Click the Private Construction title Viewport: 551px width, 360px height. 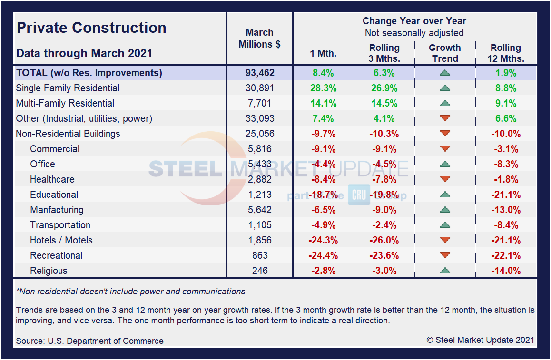91,28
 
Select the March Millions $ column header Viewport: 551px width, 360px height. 259,38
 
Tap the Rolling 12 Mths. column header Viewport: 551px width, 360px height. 506,53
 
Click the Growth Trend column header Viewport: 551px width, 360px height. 444,53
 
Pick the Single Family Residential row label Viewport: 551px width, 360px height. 68,88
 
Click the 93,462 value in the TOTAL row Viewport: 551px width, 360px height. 259,73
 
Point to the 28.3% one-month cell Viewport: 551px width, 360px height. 323,88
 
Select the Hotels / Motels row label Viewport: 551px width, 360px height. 61,240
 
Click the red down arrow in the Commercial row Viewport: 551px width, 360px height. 445,149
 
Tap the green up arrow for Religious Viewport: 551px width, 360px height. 445,271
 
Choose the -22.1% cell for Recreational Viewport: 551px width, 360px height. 506,255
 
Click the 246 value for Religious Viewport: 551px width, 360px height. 259,271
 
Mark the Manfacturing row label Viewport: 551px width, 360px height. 57,210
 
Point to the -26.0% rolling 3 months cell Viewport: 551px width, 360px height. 384,240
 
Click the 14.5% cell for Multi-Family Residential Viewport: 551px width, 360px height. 384,103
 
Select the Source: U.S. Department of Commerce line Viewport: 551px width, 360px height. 89,341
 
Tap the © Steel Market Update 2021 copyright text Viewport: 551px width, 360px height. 480,340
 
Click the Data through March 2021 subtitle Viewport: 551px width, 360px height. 84,53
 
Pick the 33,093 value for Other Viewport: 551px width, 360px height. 259,118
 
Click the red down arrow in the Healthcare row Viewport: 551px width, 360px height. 445,179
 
